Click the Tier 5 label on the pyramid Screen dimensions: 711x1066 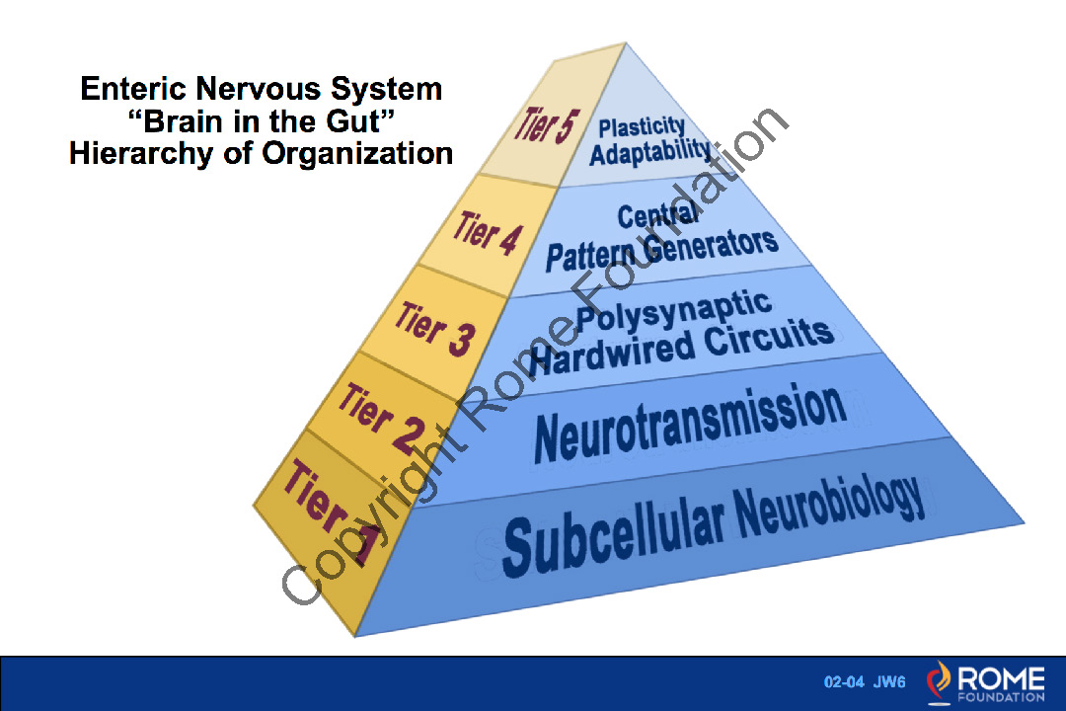(x=544, y=125)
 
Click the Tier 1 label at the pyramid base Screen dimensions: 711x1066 (x=332, y=513)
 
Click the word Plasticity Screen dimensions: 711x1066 (x=643, y=125)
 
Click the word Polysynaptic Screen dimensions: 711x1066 (x=673, y=310)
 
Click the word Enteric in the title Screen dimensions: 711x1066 (x=133, y=89)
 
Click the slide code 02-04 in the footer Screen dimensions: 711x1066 (x=844, y=682)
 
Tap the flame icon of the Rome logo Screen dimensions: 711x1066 (x=939, y=682)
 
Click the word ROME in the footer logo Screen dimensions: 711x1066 (x=1000, y=678)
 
